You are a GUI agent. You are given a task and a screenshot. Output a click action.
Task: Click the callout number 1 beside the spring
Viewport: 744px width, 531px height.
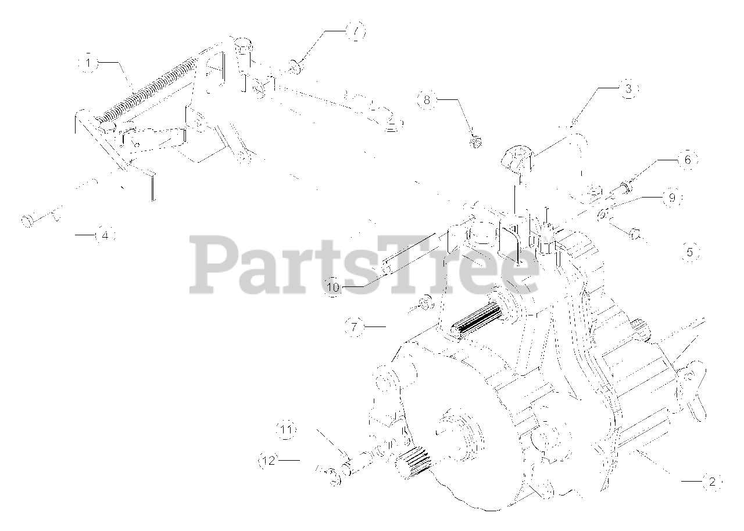88,63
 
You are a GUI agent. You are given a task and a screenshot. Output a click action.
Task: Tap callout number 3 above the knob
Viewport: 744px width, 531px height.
628,89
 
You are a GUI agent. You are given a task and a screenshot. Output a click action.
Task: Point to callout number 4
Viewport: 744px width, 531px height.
104,235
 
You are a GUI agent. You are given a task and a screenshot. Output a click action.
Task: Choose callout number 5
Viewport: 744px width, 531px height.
690,252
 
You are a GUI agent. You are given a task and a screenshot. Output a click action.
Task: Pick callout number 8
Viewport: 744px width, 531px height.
427,99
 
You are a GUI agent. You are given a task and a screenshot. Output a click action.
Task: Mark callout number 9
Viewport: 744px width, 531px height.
671,197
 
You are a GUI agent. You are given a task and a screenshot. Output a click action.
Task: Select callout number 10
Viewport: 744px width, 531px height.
333,287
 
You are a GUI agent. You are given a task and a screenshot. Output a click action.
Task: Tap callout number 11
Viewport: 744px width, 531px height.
286,430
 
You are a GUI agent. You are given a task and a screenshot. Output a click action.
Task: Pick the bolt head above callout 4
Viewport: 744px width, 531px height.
27,221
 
